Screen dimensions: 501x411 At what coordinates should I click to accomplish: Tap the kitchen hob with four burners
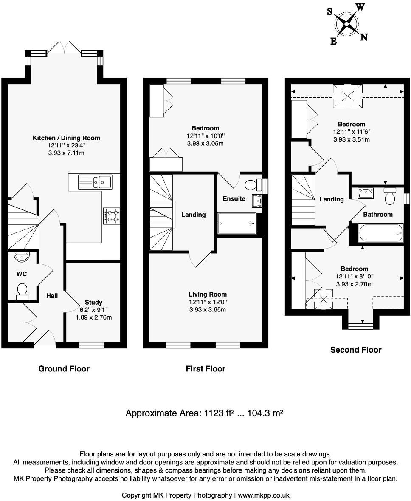[112, 215]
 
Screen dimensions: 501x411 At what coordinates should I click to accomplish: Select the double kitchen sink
[95, 181]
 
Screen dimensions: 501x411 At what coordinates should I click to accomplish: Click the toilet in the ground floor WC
[21, 290]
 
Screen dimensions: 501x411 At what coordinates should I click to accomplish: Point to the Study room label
[93, 303]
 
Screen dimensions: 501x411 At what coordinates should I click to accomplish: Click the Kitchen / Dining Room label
[66, 138]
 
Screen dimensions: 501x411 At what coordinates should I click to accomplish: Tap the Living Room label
[208, 294]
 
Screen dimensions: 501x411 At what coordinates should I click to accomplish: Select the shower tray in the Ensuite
[237, 224]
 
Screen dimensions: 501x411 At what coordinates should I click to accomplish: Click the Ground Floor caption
[64, 369]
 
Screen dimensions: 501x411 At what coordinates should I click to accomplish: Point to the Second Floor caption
[356, 350]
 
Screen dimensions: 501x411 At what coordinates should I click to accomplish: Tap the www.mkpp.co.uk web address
[264, 495]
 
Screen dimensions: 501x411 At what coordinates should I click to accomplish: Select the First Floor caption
[205, 369]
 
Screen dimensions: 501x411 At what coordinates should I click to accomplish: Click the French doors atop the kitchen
[64, 48]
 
